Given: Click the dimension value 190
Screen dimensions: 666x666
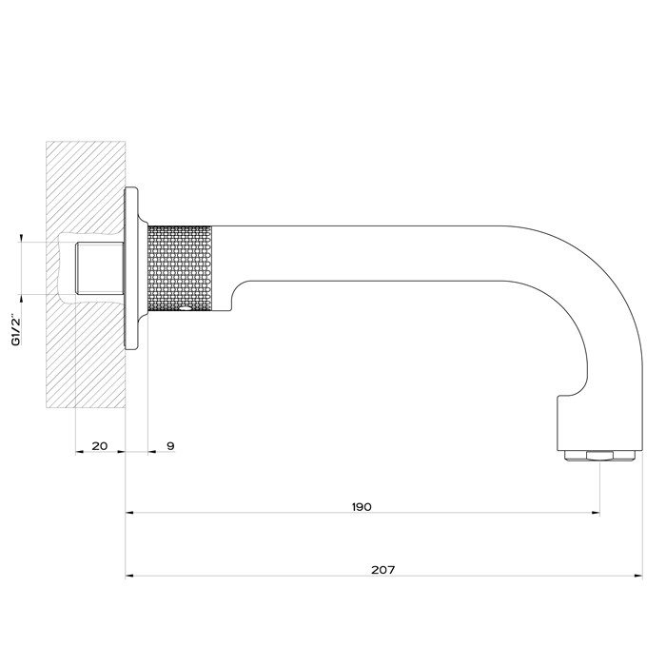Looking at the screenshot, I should (x=361, y=506).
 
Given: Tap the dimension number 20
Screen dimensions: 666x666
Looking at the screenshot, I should (x=99, y=446).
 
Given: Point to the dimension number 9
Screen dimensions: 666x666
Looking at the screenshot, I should (x=169, y=446).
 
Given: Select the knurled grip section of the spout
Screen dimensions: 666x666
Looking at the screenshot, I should (x=181, y=266).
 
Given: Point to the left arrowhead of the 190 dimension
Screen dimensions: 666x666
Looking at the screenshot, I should (x=130, y=514).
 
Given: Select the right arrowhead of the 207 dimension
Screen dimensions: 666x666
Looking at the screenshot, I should (x=638, y=576).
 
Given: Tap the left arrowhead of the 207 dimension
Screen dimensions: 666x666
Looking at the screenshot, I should (x=130, y=576).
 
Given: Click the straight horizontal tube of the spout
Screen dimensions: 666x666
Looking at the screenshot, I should (x=381, y=253).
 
